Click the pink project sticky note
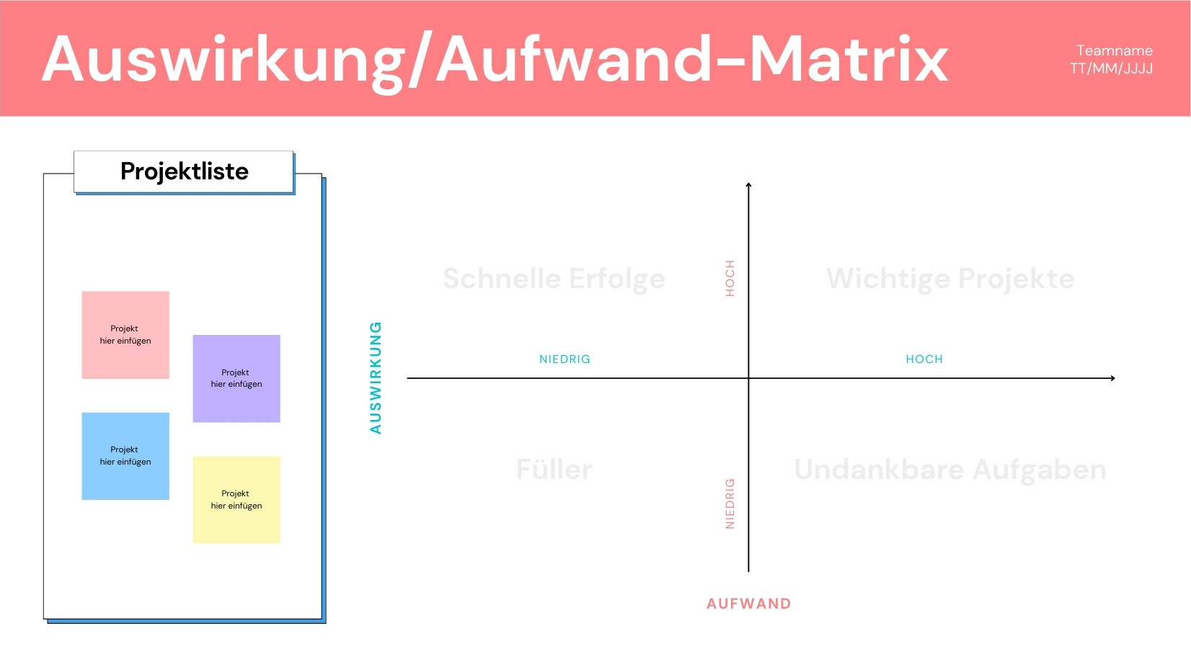click(x=125, y=334)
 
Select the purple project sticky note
click(x=236, y=379)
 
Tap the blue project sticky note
click(x=125, y=456)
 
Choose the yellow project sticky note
click(x=236, y=500)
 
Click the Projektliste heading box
click(x=183, y=171)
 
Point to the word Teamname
click(x=1115, y=51)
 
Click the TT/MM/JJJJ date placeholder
click(x=1111, y=69)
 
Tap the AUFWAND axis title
click(x=748, y=604)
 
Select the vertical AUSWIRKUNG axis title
click(x=376, y=377)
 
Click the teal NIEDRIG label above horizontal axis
click(x=564, y=359)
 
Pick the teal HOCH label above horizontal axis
click(x=924, y=359)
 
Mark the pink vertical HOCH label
click(x=730, y=278)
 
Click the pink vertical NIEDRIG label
click(x=730, y=503)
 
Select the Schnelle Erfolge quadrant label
click(x=554, y=279)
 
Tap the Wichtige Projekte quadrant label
click(x=950, y=279)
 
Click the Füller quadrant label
click(x=554, y=470)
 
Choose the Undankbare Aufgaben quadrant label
click(x=950, y=470)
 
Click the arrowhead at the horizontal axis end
click(x=1113, y=378)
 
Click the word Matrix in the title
click(x=849, y=59)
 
